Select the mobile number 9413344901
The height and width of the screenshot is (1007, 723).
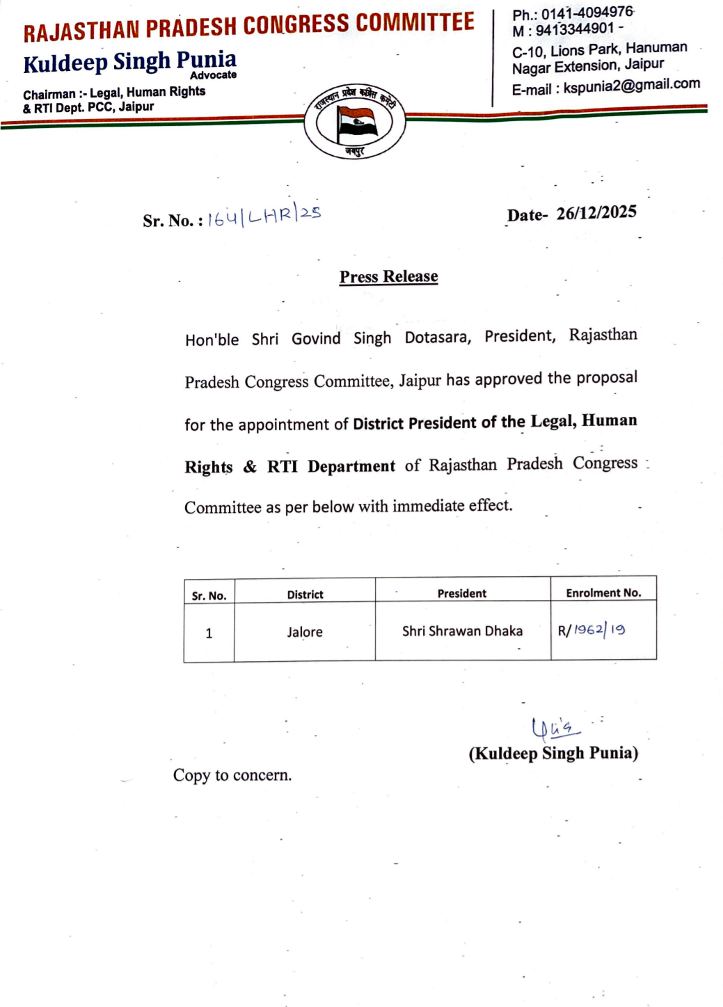(575, 29)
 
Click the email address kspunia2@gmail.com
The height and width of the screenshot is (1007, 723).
(631, 86)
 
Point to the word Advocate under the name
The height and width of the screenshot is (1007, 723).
(213, 75)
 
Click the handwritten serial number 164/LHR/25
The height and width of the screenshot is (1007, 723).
(264, 216)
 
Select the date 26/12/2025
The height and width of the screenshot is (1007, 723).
(596, 213)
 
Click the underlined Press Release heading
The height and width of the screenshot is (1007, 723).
(388, 276)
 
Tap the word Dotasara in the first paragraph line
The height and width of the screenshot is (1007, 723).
(438, 338)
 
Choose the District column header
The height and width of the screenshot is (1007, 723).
(305, 594)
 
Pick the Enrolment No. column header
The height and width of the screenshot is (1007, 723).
(603, 593)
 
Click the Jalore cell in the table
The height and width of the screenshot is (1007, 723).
(305, 632)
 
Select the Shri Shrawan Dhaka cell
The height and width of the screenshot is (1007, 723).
(462, 631)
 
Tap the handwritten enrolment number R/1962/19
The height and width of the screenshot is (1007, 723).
(591, 631)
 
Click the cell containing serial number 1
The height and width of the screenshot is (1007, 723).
(209, 633)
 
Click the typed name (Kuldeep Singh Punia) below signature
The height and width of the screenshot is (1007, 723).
(553, 753)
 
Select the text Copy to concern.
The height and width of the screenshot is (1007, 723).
(232, 775)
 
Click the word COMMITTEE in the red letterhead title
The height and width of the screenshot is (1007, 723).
(415, 22)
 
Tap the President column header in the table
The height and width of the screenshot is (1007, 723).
(462, 593)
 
